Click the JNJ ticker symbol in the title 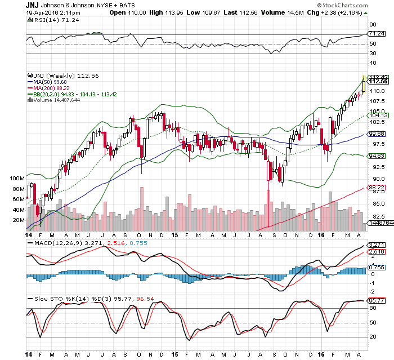[x=33, y=5]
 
